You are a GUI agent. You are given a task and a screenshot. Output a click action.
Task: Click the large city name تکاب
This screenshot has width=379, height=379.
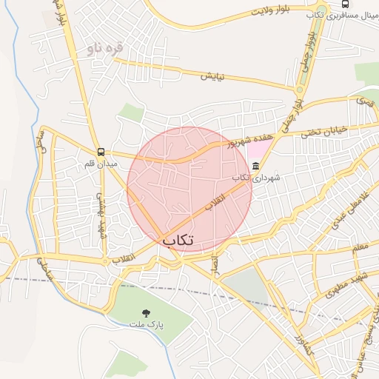point(178,240)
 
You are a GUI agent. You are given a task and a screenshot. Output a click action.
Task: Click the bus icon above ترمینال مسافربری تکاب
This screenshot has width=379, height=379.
point(345,4)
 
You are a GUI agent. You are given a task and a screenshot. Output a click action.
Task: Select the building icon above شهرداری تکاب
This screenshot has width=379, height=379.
point(256,167)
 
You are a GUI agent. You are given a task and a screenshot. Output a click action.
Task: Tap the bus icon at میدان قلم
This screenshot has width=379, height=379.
point(101,152)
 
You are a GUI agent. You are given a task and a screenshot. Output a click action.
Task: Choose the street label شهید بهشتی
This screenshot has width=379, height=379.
point(101,215)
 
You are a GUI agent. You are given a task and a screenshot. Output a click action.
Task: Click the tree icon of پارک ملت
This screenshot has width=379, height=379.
point(145,312)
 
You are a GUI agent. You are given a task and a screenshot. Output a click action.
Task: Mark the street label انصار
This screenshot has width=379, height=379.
point(216,264)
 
